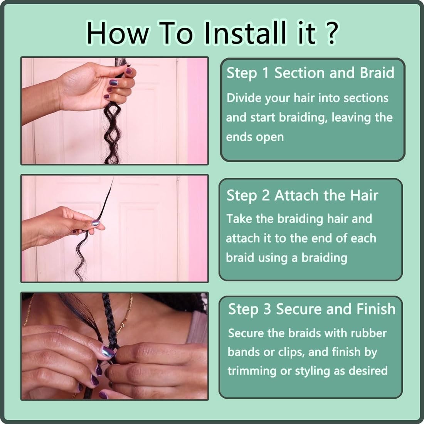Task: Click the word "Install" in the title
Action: point(245,33)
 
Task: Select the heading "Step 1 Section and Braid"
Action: point(310,73)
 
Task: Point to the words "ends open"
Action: point(255,137)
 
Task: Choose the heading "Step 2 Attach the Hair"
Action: point(302,195)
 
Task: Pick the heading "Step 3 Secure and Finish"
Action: point(312,309)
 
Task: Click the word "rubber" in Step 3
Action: point(368,333)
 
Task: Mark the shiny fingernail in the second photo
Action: point(96,223)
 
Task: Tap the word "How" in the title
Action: point(118,33)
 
